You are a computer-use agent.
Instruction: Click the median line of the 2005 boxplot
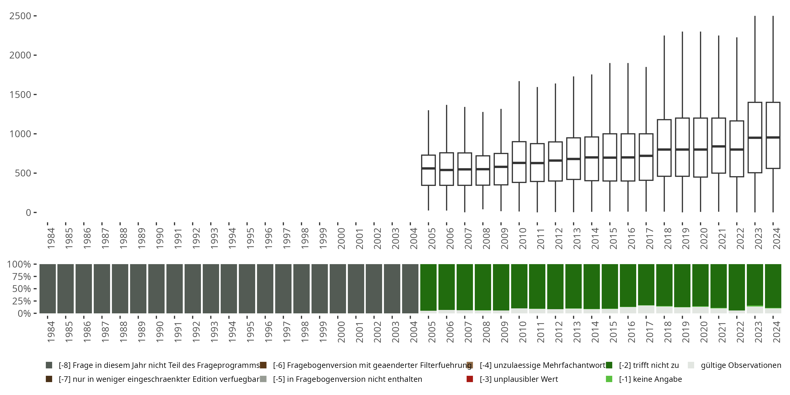[x=428, y=168]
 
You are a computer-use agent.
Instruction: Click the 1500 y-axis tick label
[x=20, y=95]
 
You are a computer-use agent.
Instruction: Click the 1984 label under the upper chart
[x=51, y=238]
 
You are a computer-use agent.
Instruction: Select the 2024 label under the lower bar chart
[x=777, y=332]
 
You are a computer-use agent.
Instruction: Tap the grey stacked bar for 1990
[x=156, y=288]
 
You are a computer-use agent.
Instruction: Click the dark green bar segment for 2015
[x=610, y=285]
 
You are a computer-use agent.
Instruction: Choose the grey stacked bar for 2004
[x=410, y=288]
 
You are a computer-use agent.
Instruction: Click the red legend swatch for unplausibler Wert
[x=470, y=379]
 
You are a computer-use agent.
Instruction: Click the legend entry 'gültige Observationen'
[x=740, y=365]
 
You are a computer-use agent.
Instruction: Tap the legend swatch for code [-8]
[x=49, y=365]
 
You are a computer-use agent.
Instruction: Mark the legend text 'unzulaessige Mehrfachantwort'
[x=542, y=365]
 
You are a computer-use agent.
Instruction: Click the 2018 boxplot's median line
[x=664, y=149]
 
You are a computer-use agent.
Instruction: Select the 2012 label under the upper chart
[x=559, y=238]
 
